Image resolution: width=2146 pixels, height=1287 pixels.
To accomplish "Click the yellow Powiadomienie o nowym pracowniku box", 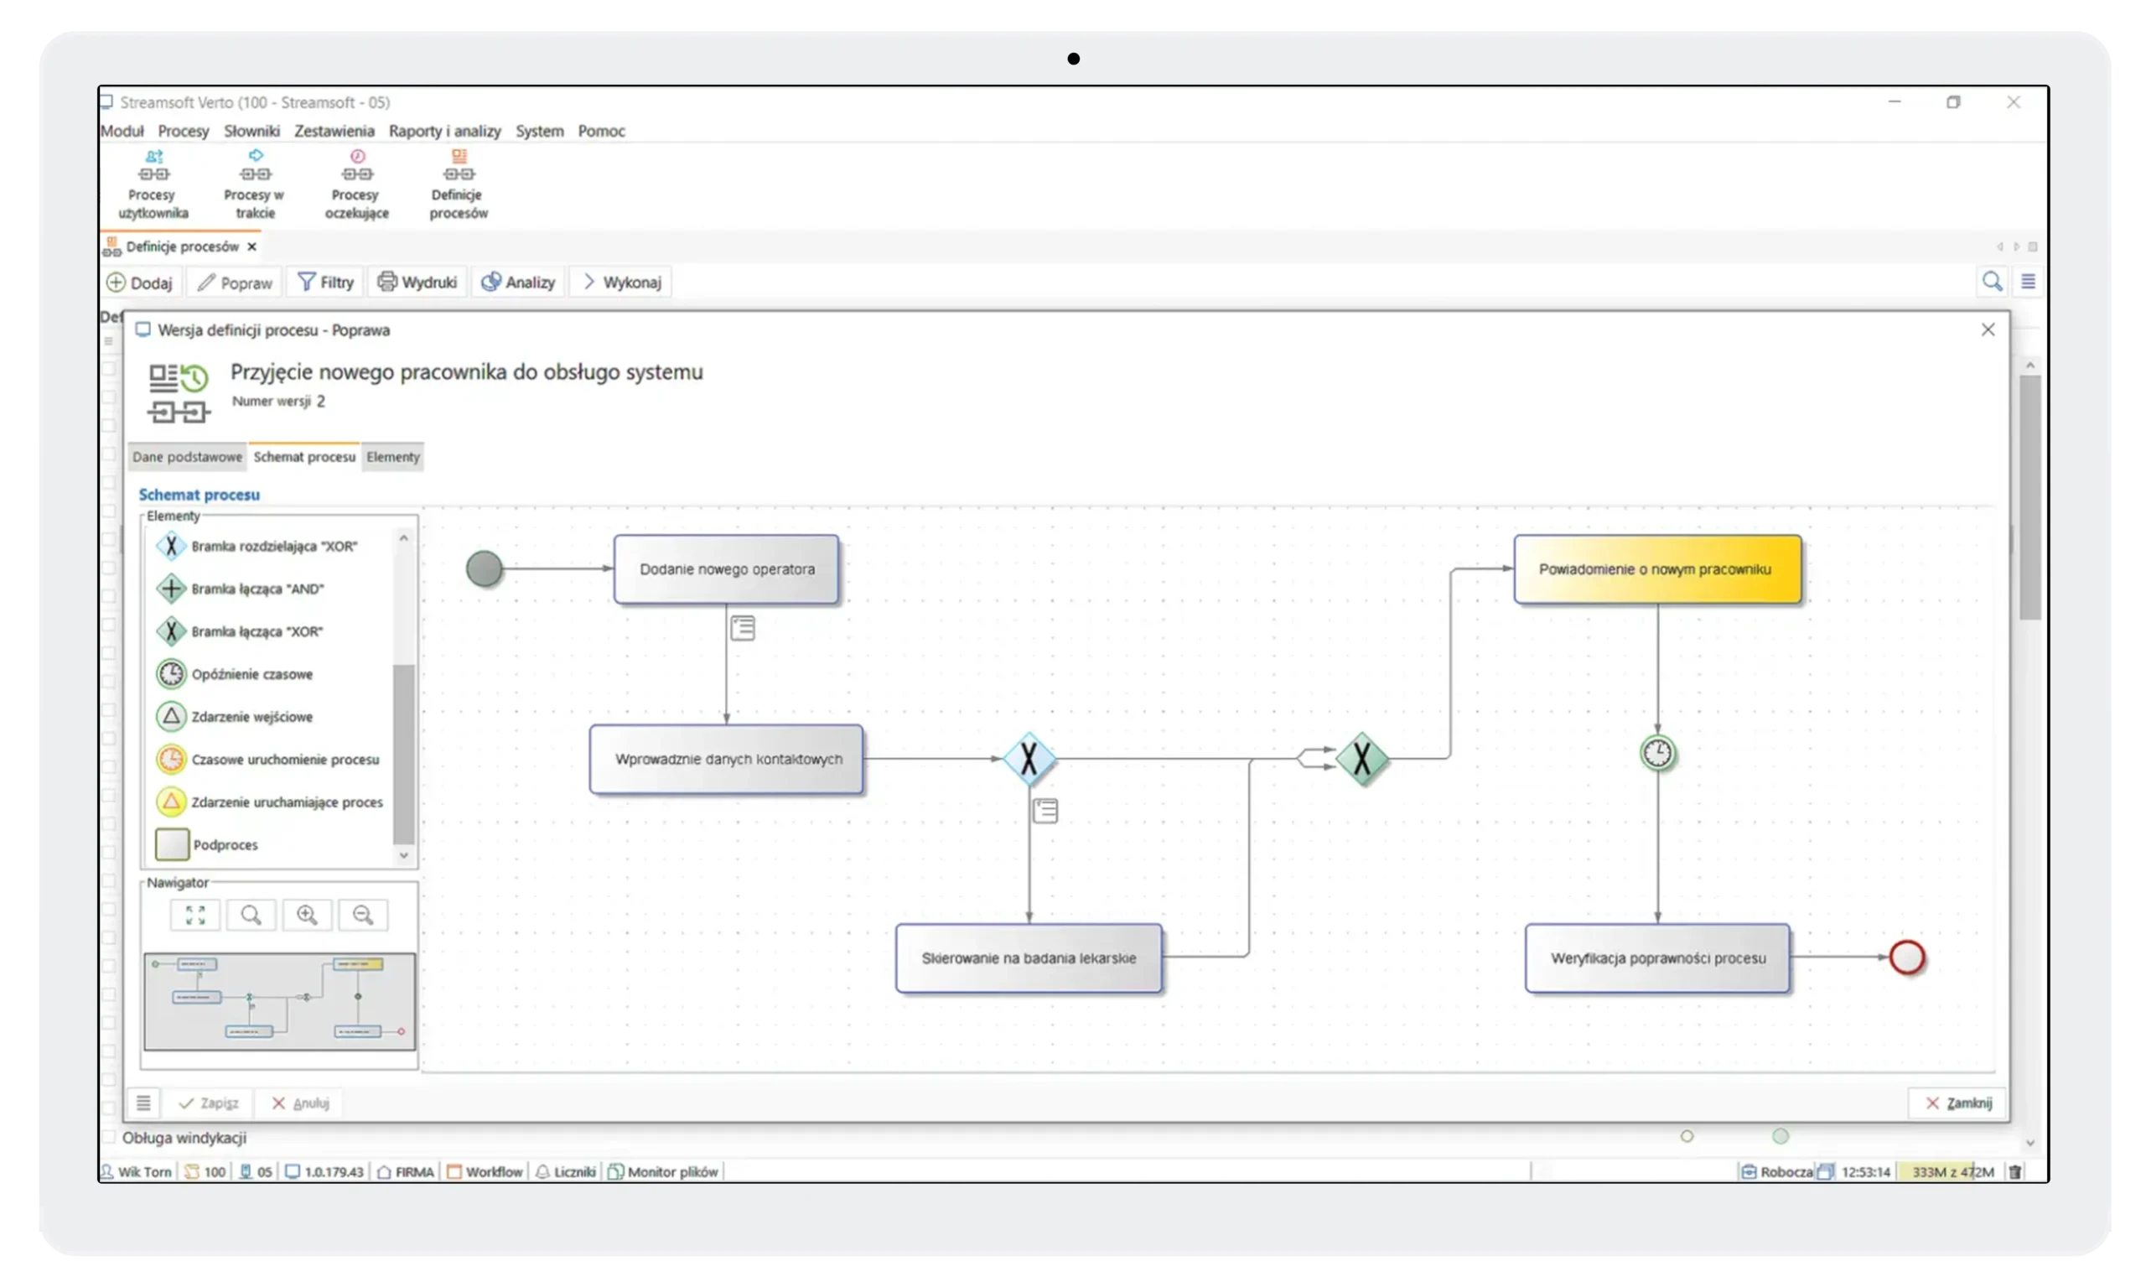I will point(1657,569).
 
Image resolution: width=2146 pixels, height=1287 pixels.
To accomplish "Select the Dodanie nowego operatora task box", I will point(727,569).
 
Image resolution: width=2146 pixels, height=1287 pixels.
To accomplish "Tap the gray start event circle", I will point(484,569).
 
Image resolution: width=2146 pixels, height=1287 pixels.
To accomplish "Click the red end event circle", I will point(1907,957).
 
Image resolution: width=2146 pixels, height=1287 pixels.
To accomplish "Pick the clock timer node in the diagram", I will point(1657,753).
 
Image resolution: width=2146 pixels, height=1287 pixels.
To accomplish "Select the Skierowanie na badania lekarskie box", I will point(1029,957).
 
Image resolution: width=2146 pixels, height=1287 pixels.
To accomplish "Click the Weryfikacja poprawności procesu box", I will point(1657,957).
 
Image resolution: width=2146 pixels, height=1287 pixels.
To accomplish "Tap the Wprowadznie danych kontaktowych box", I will point(727,759).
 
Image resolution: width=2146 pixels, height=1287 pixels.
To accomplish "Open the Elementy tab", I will point(393,457).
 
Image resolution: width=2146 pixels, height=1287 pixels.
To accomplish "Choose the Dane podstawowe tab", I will point(187,457).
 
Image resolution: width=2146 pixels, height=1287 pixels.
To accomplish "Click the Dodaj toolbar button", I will point(141,283).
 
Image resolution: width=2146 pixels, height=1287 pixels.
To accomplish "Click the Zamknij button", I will point(1958,1103).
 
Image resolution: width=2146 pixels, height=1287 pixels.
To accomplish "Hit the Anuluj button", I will point(301,1103).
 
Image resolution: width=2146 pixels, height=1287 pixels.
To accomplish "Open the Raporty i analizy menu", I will point(445,131).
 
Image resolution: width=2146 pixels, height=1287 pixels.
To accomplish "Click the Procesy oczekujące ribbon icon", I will point(356,184).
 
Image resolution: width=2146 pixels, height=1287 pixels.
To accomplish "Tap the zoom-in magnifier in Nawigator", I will point(307,915).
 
